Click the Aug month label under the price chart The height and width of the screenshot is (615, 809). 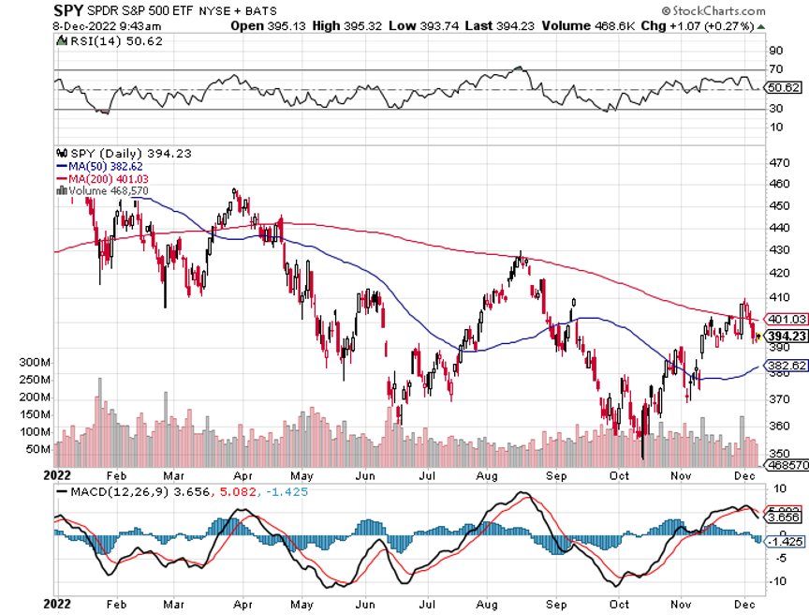pyautogui.click(x=487, y=475)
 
